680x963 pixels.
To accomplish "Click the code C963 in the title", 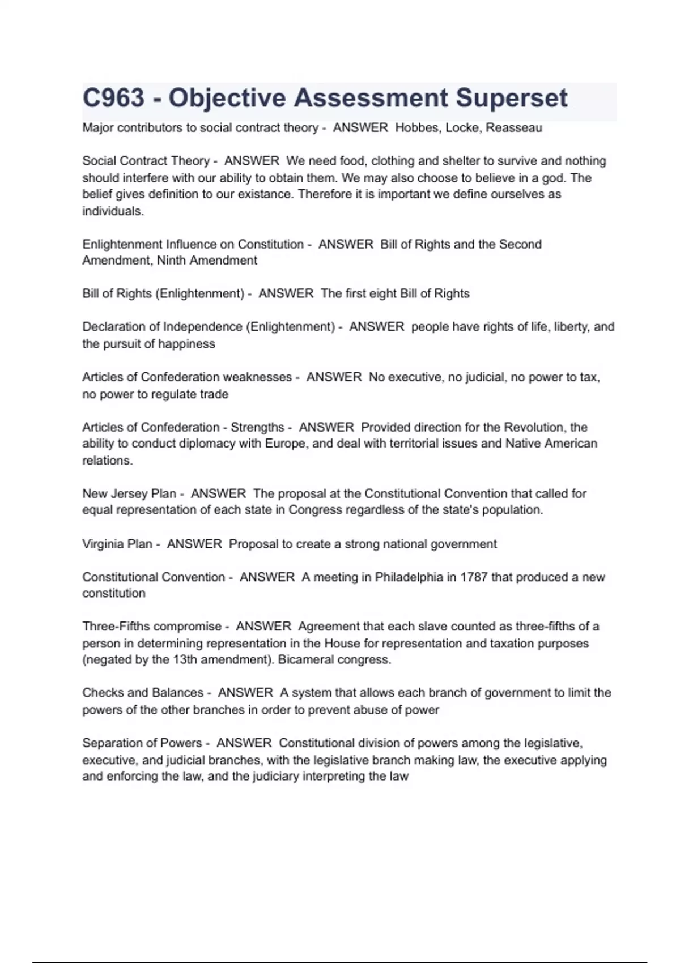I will click(x=113, y=98).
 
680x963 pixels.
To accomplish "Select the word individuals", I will click(x=113, y=211).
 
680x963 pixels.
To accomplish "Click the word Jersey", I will click(x=135, y=493).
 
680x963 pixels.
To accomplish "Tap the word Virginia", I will click(x=103, y=544).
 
